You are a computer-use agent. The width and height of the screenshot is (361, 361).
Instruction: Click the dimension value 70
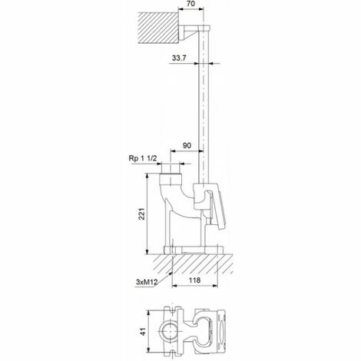(x=191, y=4)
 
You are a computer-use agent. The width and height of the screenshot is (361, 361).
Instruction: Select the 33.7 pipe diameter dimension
(x=179, y=58)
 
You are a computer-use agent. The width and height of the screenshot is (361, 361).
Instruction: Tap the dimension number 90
(x=187, y=145)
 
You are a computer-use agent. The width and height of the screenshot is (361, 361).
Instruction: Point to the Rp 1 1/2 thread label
(x=143, y=158)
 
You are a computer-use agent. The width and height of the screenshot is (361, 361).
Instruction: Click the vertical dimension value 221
(x=141, y=214)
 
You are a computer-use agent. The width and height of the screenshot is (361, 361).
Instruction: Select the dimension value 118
(x=194, y=280)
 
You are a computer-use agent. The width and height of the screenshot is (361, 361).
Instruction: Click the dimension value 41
(x=143, y=332)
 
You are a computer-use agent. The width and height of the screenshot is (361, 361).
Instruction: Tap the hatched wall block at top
(x=158, y=28)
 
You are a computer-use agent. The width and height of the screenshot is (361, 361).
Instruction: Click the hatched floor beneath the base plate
(x=193, y=264)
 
